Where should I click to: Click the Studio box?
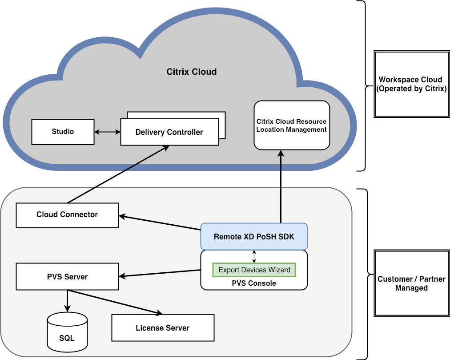(63, 132)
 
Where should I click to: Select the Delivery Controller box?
(169, 132)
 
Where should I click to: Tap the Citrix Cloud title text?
(191, 72)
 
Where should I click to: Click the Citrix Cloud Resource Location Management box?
(292, 125)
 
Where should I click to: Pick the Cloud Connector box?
(67, 215)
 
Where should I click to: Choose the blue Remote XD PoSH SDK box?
(254, 236)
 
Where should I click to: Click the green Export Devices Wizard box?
(254, 270)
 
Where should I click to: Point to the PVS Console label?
(254, 283)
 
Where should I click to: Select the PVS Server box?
(67, 277)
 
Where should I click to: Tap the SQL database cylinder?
(67, 333)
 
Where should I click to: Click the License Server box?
(162, 328)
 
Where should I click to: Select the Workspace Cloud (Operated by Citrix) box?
(411, 84)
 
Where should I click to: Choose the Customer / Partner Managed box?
(411, 283)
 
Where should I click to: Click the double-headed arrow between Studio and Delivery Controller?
(107, 132)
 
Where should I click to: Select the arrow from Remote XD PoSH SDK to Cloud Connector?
(160, 223)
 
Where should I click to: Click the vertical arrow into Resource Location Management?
(281, 187)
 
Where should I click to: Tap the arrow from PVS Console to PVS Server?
(160, 273)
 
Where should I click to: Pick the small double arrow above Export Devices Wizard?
(254, 256)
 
